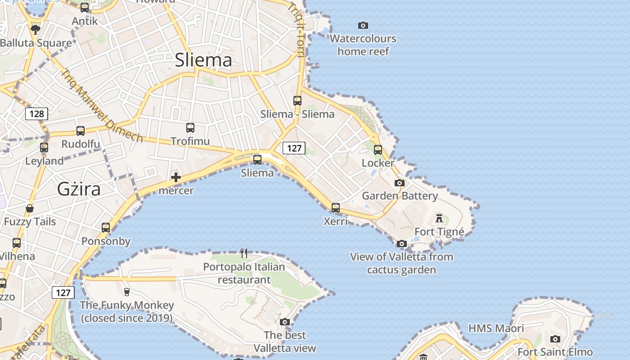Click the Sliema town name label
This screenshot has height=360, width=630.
pyautogui.click(x=203, y=60)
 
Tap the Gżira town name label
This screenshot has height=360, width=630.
pyautogui.click(x=79, y=189)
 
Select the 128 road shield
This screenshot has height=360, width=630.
pyautogui.click(x=36, y=113)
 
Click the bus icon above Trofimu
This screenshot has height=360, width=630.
pyautogui.click(x=190, y=128)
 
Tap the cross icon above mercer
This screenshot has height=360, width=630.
pyautogui.click(x=176, y=177)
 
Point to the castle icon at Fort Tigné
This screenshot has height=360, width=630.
pyautogui.click(x=439, y=218)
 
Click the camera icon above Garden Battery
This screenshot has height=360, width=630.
pyautogui.click(x=399, y=183)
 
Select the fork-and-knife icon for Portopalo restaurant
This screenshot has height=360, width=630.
pyautogui.click(x=244, y=253)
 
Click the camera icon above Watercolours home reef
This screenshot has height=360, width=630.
pyautogui.click(x=363, y=25)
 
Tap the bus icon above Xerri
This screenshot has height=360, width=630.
pyautogui.click(x=336, y=208)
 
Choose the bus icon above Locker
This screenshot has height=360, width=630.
pyautogui.click(x=378, y=150)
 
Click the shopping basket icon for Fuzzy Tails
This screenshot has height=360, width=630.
pyautogui.click(x=30, y=208)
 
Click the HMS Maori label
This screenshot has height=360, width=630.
pyautogui.click(x=496, y=328)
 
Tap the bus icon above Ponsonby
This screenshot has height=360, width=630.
pyautogui.click(x=106, y=228)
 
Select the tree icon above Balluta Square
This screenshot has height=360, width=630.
pyautogui.click(x=36, y=30)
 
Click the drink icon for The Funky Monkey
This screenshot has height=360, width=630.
pyautogui.click(x=126, y=292)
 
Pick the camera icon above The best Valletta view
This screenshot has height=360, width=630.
pyautogui.click(x=284, y=322)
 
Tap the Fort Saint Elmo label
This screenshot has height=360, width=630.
pyautogui.click(x=555, y=352)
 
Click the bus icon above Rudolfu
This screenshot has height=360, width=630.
pyautogui.click(x=81, y=131)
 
